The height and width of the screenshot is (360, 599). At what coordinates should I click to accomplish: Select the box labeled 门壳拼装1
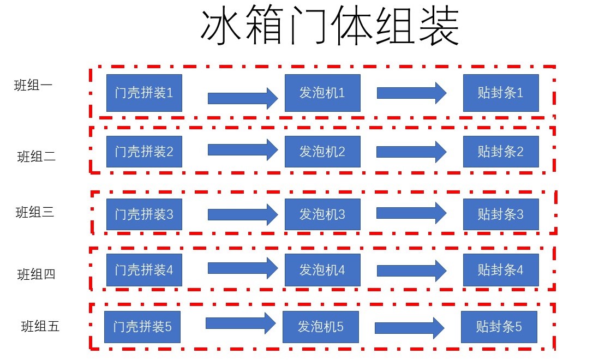(144, 93)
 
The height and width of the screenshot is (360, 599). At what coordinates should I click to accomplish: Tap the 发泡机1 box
(322, 93)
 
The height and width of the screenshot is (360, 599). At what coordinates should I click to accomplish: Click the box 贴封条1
(501, 93)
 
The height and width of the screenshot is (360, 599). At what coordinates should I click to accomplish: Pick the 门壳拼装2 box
(144, 152)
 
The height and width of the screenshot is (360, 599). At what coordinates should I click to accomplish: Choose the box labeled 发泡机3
(322, 214)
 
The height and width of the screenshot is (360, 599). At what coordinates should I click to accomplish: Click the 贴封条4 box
(501, 269)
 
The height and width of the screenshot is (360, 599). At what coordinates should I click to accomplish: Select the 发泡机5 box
(320, 327)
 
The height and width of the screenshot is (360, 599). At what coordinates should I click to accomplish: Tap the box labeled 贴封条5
(499, 327)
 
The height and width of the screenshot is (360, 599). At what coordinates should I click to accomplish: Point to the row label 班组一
(33, 85)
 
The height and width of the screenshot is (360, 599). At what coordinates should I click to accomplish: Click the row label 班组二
(37, 157)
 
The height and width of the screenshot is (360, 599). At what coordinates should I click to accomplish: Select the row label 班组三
(35, 212)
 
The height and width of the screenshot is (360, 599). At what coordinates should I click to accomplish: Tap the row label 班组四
(37, 274)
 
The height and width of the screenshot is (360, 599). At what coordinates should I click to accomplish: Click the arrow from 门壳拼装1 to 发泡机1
(243, 98)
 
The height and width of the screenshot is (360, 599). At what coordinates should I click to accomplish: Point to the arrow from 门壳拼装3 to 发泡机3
(243, 214)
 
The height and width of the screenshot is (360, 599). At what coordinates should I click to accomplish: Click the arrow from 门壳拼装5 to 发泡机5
(241, 323)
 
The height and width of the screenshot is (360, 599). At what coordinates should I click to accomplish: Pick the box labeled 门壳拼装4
(144, 269)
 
